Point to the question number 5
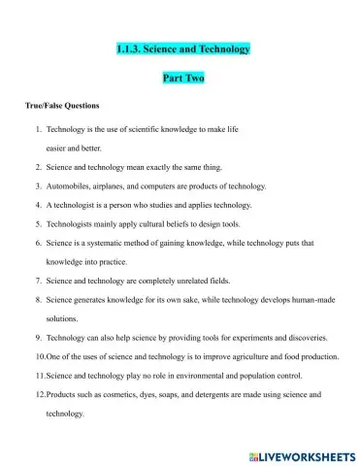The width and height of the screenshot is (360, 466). pyautogui.click(x=38, y=223)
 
